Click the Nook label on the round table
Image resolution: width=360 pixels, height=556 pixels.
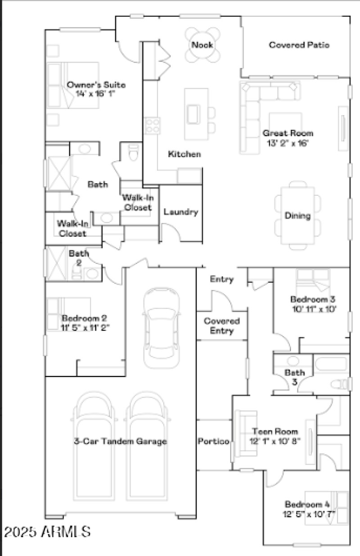coord(202,45)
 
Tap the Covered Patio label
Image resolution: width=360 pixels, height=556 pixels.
coord(299,45)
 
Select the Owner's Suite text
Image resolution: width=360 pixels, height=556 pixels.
coord(96,85)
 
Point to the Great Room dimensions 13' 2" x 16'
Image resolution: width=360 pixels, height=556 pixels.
coord(288,143)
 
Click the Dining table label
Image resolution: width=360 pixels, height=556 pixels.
coord(297,216)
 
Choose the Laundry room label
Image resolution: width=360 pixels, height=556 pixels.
coord(180,212)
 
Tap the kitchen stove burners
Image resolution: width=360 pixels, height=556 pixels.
coord(152,126)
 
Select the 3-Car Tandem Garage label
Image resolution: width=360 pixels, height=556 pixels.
coord(120,441)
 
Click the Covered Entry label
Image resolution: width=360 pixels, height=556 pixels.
coord(222,326)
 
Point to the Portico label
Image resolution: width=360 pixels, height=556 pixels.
coord(214,441)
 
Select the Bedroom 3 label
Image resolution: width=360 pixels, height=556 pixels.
coord(313,299)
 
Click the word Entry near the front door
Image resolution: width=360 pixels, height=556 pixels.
coord(222,280)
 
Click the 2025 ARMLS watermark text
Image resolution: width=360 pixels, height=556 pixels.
coord(48,532)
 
